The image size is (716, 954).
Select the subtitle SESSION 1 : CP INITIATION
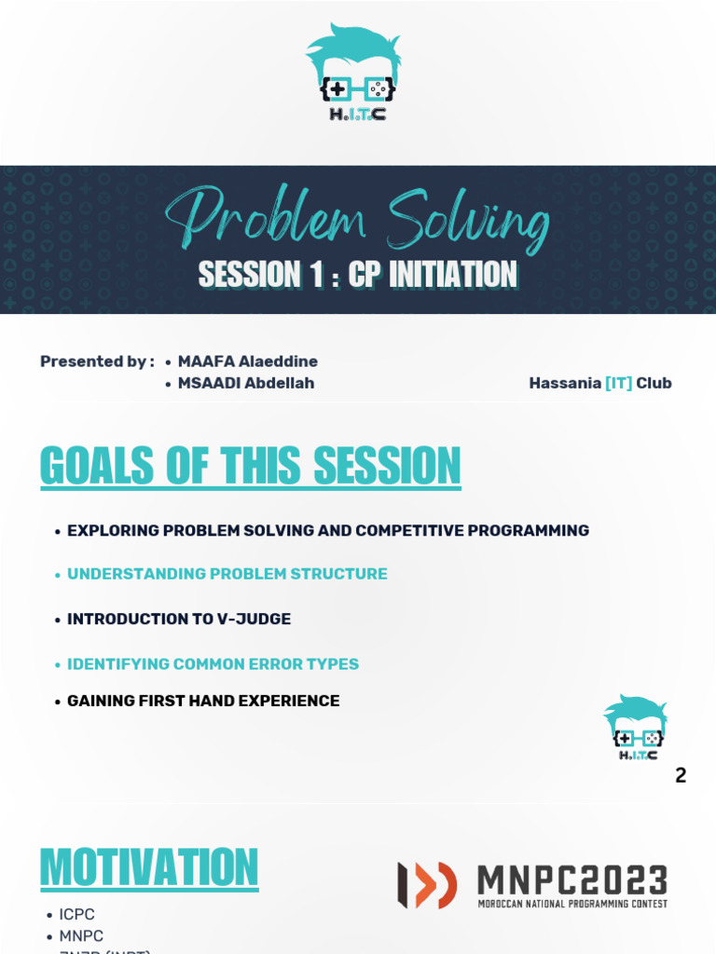pyautogui.click(x=358, y=275)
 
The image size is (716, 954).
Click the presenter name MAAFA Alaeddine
pyautogui.click(x=247, y=361)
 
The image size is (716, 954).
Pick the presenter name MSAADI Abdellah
pyautogui.click(x=246, y=383)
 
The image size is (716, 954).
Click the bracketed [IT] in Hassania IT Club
pyautogui.click(x=618, y=383)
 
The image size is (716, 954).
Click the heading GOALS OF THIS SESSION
pyautogui.click(x=251, y=466)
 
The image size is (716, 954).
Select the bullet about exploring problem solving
pyautogui.click(x=327, y=530)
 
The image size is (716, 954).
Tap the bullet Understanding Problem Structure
pyautogui.click(x=227, y=574)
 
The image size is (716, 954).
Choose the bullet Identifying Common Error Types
pyautogui.click(x=213, y=664)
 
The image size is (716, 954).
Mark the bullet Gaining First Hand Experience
pyautogui.click(x=202, y=701)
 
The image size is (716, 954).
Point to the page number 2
pyautogui.click(x=681, y=775)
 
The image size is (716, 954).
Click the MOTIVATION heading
pyautogui.click(x=149, y=868)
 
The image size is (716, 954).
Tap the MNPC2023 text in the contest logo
pyautogui.click(x=572, y=880)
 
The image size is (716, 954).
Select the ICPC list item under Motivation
pyautogui.click(x=77, y=914)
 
